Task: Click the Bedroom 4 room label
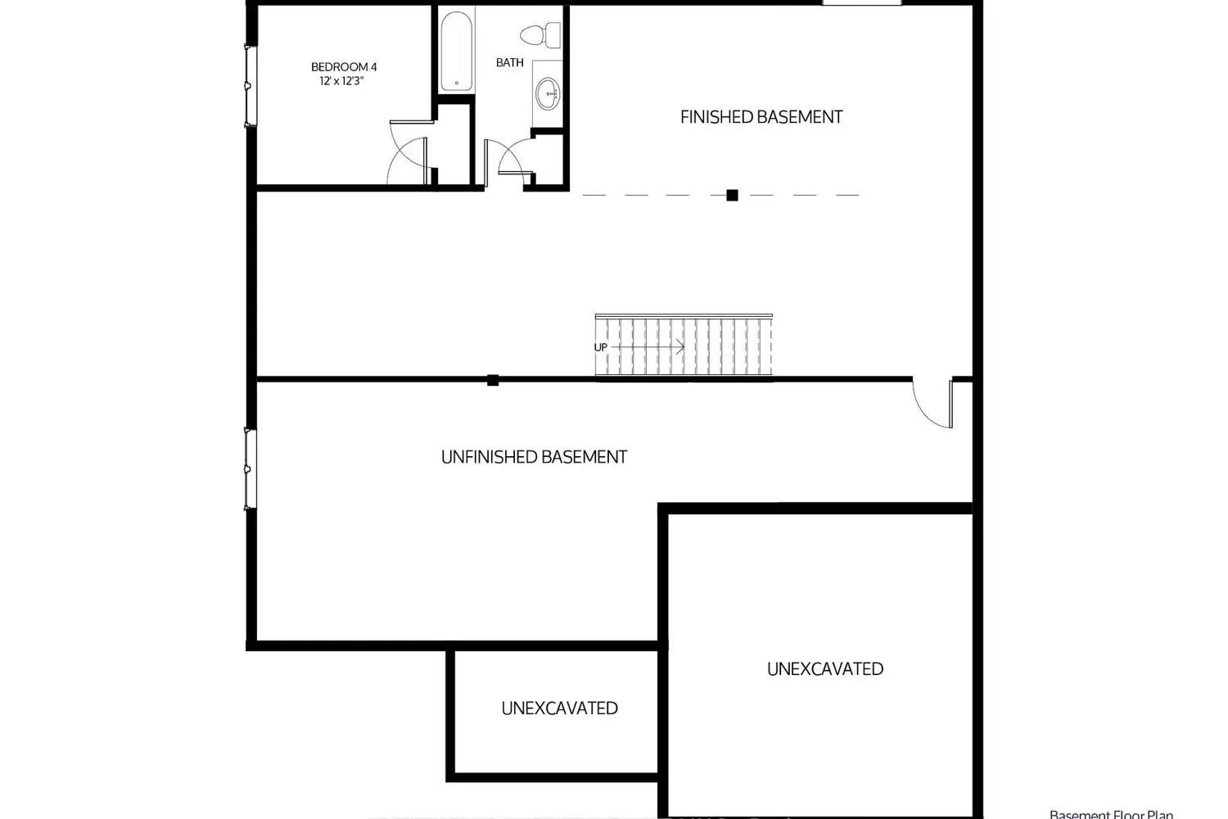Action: click(344, 67)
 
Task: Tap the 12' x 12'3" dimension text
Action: click(341, 81)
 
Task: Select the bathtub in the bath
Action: click(456, 52)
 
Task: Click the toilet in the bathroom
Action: click(540, 36)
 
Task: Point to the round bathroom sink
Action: click(549, 94)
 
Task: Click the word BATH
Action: click(510, 62)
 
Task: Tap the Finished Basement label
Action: click(761, 117)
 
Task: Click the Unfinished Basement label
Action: click(534, 457)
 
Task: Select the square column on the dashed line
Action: click(732, 195)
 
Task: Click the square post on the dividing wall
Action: click(493, 379)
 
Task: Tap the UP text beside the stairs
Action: click(601, 347)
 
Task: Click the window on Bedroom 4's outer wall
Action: click(251, 86)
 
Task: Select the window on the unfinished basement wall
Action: click(251, 469)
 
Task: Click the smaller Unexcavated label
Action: click(559, 708)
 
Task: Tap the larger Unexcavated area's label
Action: click(825, 668)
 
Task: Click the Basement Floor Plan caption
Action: click(1111, 814)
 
